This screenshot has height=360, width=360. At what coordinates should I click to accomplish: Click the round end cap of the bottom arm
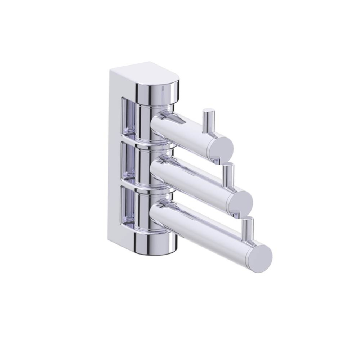[260, 255]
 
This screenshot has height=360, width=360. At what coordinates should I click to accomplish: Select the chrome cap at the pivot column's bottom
[156, 243]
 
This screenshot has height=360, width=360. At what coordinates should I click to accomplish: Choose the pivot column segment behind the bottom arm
[144, 209]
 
